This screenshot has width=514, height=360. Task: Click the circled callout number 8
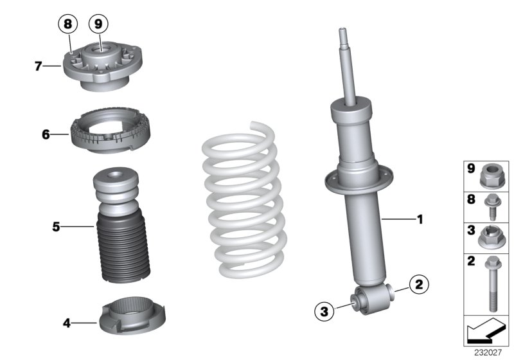click(67, 25)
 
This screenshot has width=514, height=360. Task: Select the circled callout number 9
click(98, 25)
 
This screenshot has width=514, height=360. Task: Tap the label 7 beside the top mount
click(39, 66)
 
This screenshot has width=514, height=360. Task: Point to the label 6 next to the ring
click(46, 135)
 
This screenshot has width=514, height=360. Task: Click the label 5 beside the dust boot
click(57, 226)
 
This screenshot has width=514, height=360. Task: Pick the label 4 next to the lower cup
click(67, 323)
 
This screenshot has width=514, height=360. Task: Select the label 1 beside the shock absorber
click(420, 220)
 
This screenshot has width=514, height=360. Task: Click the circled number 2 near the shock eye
click(418, 283)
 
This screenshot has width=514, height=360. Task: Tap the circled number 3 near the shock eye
click(325, 312)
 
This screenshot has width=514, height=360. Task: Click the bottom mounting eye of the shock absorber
click(373, 297)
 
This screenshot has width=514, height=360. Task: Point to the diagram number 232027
click(489, 353)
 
